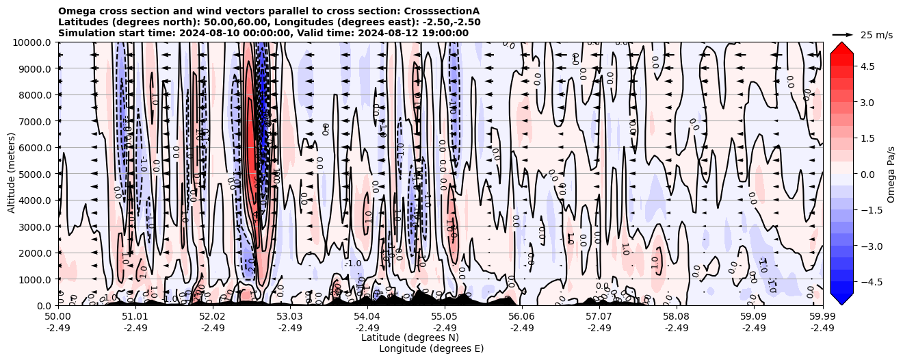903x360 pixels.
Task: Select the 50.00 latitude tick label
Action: (58, 317)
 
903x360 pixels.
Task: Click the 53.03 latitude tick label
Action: (290, 317)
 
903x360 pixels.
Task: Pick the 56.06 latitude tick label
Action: (522, 317)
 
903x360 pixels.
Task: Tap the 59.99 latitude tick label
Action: (822, 317)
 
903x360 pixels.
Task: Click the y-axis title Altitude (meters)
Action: (12, 174)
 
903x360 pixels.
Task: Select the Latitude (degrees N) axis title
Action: (410, 337)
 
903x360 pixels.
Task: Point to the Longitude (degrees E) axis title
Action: (431, 348)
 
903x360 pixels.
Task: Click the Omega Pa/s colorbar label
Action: (891, 174)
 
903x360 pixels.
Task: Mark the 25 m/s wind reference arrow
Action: (843, 34)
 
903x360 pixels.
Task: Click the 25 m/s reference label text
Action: (876, 35)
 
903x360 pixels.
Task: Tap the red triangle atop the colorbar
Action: (841, 47)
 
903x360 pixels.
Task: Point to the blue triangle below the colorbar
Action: (841, 298)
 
